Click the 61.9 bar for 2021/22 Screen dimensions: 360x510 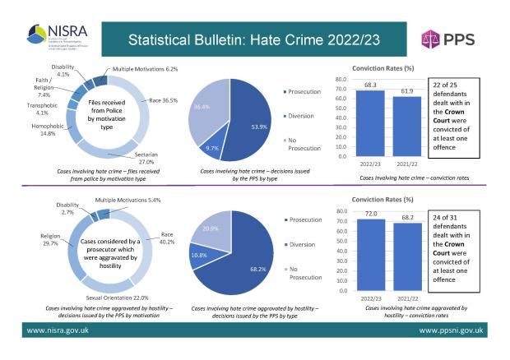[x=402, y=126]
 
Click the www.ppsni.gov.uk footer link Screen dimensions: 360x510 [x=454, y=330]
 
